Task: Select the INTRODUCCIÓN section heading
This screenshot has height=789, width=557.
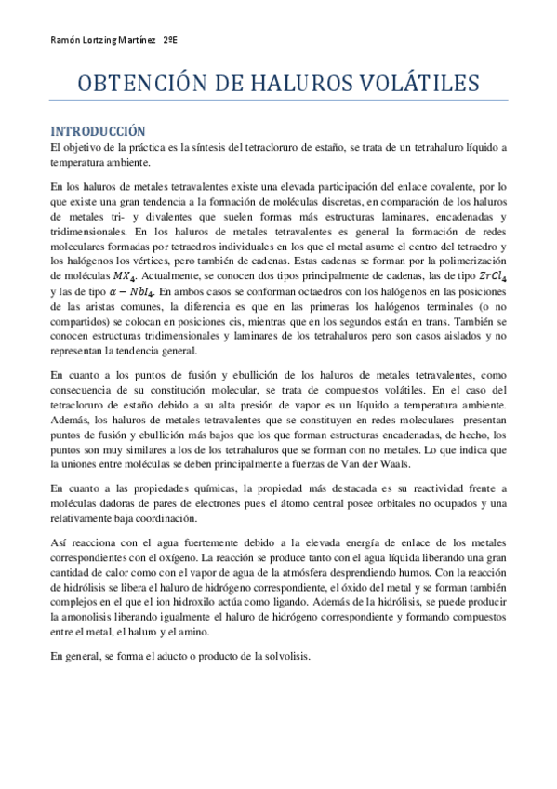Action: pyautogui.click(x=99, y=131)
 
